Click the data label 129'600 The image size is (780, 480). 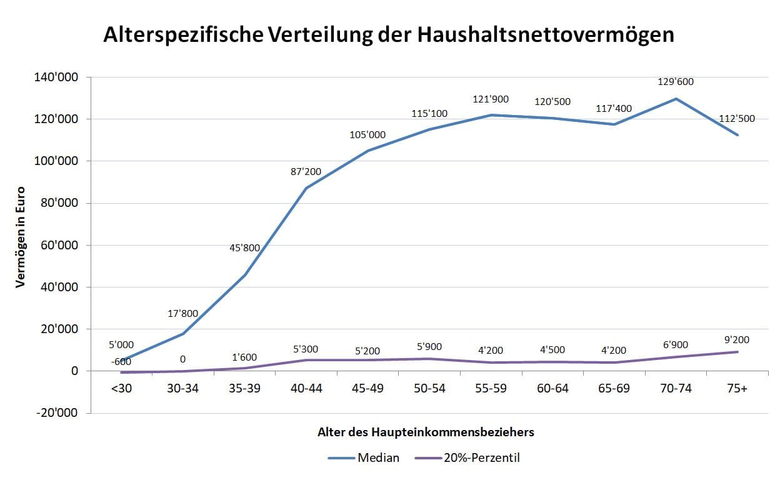676,82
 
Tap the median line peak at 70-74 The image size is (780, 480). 676,99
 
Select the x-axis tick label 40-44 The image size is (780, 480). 306,389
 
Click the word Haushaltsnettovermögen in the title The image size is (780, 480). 542,35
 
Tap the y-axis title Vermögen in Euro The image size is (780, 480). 21,237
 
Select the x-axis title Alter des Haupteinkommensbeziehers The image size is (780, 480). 426,432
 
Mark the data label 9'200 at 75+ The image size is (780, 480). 737,340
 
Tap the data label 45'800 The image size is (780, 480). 244,247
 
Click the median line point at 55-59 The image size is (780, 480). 491,115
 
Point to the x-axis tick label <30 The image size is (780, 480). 122,389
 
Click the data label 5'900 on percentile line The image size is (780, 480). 429,346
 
